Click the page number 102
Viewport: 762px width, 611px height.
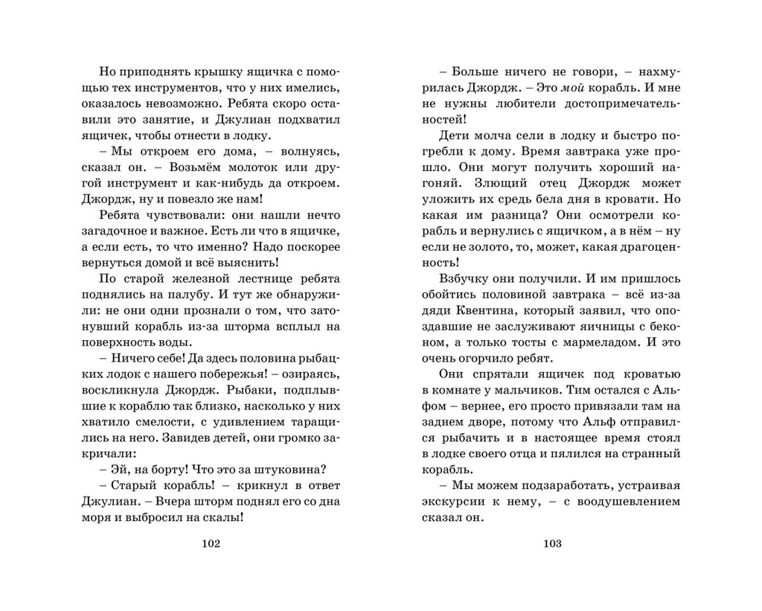[212, 543]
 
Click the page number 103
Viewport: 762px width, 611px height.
[551, 543]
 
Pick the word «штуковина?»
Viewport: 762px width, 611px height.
[292, 469]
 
